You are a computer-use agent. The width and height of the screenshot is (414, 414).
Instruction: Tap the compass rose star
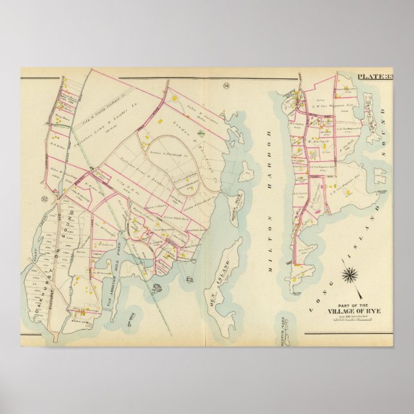[x=350, y=276]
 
